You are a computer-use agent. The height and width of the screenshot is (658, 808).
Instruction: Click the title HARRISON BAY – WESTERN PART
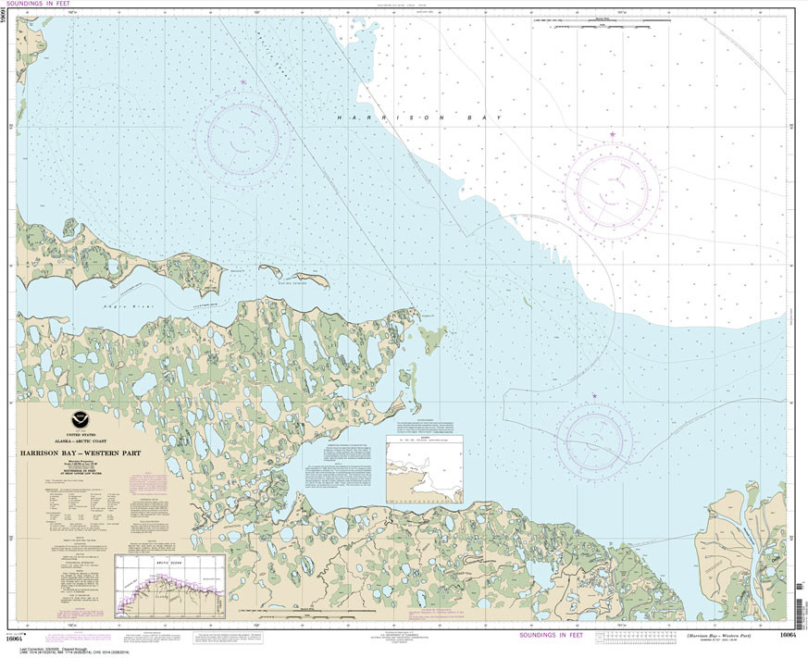tap(76, 453)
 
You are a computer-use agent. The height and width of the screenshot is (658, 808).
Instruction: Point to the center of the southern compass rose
tap(594, 440)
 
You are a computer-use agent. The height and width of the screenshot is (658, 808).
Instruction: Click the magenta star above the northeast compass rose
tap(612, 135)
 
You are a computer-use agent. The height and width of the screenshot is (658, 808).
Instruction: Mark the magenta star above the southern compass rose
tap(594, 397)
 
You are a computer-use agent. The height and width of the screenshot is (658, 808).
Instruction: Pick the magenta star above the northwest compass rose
tap(243, 82)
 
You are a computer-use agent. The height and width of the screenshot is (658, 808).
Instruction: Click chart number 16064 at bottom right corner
tap(788, 635)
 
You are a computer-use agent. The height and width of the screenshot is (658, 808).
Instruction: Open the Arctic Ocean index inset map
tap(170, 586)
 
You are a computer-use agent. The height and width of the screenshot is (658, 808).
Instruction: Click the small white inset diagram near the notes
tap(424, 470)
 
